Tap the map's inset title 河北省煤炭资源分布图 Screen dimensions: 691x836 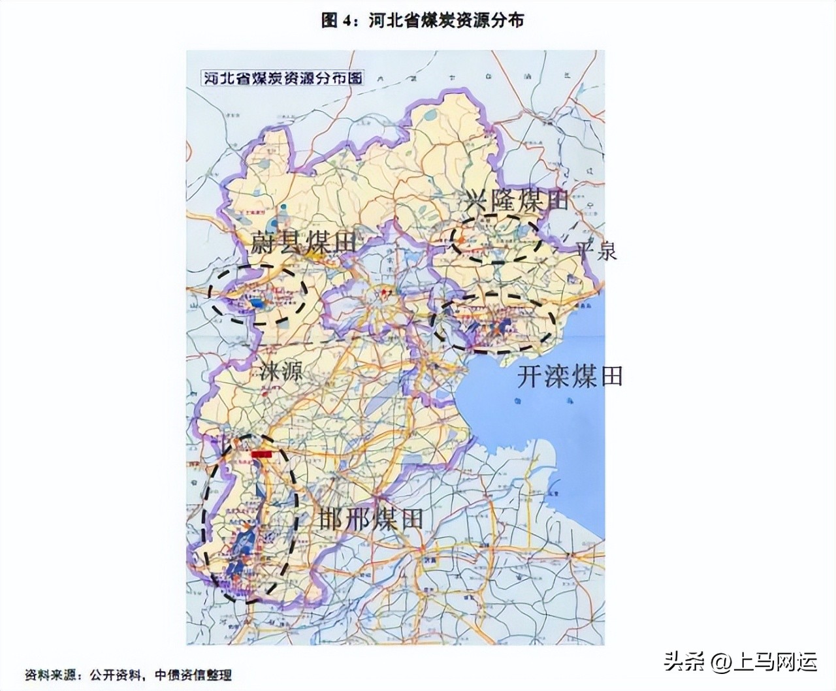coord(281,78)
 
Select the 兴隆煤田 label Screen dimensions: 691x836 coord(517,200)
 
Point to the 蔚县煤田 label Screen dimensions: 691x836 coord(304,244)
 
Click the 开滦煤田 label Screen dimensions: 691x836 coord(570,376)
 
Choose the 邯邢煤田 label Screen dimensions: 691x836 coord(370,519)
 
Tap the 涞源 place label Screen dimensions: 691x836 coord(281,372)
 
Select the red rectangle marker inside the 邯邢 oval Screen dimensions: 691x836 coord(262,452)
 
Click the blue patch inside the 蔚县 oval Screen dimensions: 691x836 coord(259,303)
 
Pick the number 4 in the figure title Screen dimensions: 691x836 coord(347,21)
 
